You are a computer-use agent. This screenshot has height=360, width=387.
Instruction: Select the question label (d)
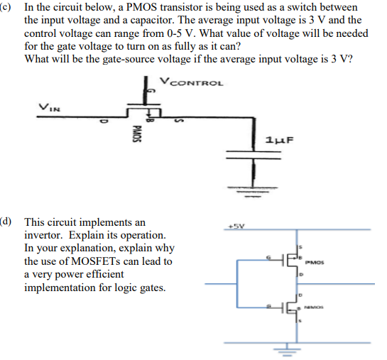[x=7, y=222]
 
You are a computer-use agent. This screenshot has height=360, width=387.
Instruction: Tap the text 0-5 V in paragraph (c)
[x=181, y=33]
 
